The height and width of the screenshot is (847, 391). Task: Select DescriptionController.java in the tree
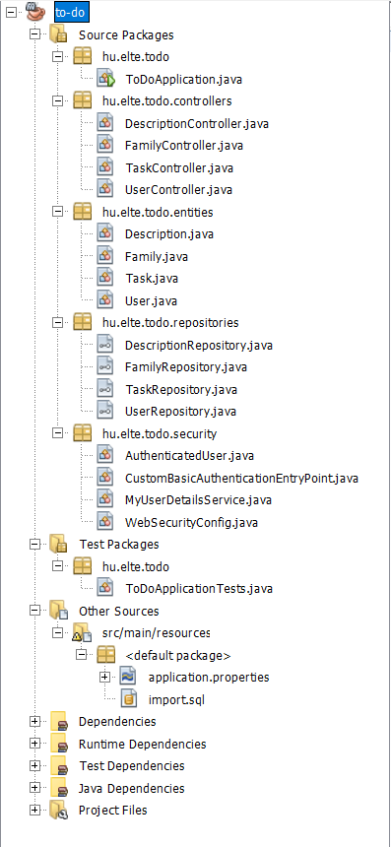pyautogui.click(x=196, y=123)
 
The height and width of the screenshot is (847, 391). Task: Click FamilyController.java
pyautogui.click(x=183, y=146)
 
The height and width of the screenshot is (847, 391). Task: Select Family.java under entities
pyautogui.click(x=156, y=256)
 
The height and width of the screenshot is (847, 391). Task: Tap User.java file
pyautogui.click(x=150, y=300)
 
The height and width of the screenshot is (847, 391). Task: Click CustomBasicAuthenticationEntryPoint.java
pyautogui.click(x=241, y=478)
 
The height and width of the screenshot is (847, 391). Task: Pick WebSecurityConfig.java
pyautogui.click(x=191, y=521)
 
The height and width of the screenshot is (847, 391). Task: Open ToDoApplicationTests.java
pyautogui.click(x=199, y=588)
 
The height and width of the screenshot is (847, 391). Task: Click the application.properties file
pyautogui.click(x=208, y=677)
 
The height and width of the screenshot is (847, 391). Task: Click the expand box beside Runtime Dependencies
pyautogui.click(x=36, y=744)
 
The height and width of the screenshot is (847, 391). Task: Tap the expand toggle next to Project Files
pyautogui.click(x=36, y=810)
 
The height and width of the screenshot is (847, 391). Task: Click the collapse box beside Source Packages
pyautogui.click(x=36, y=34)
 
